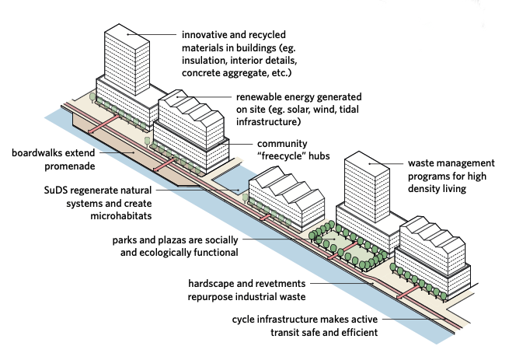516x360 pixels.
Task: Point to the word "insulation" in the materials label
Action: click(x=204, y=61)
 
